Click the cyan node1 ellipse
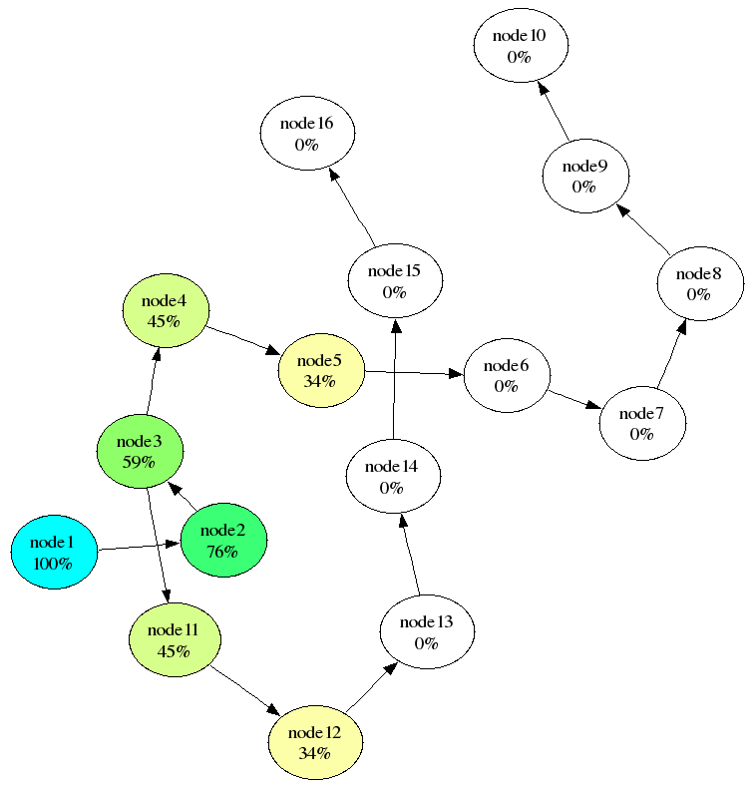coord(54,552)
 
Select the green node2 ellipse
coord(223,540)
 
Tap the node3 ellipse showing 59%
coord(140,452)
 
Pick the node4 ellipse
coord(166,310)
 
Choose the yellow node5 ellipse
coord(320,371)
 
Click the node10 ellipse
coord(519,46)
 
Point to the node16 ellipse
coord(307,134)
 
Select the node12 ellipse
coord(314,743)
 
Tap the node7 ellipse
coord(641,424)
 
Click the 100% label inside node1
coord(53,564)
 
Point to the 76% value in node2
coord(223,552)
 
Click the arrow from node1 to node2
coord(139,547)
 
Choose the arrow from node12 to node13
coord(369,689)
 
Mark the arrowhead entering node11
coord(164,597)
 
